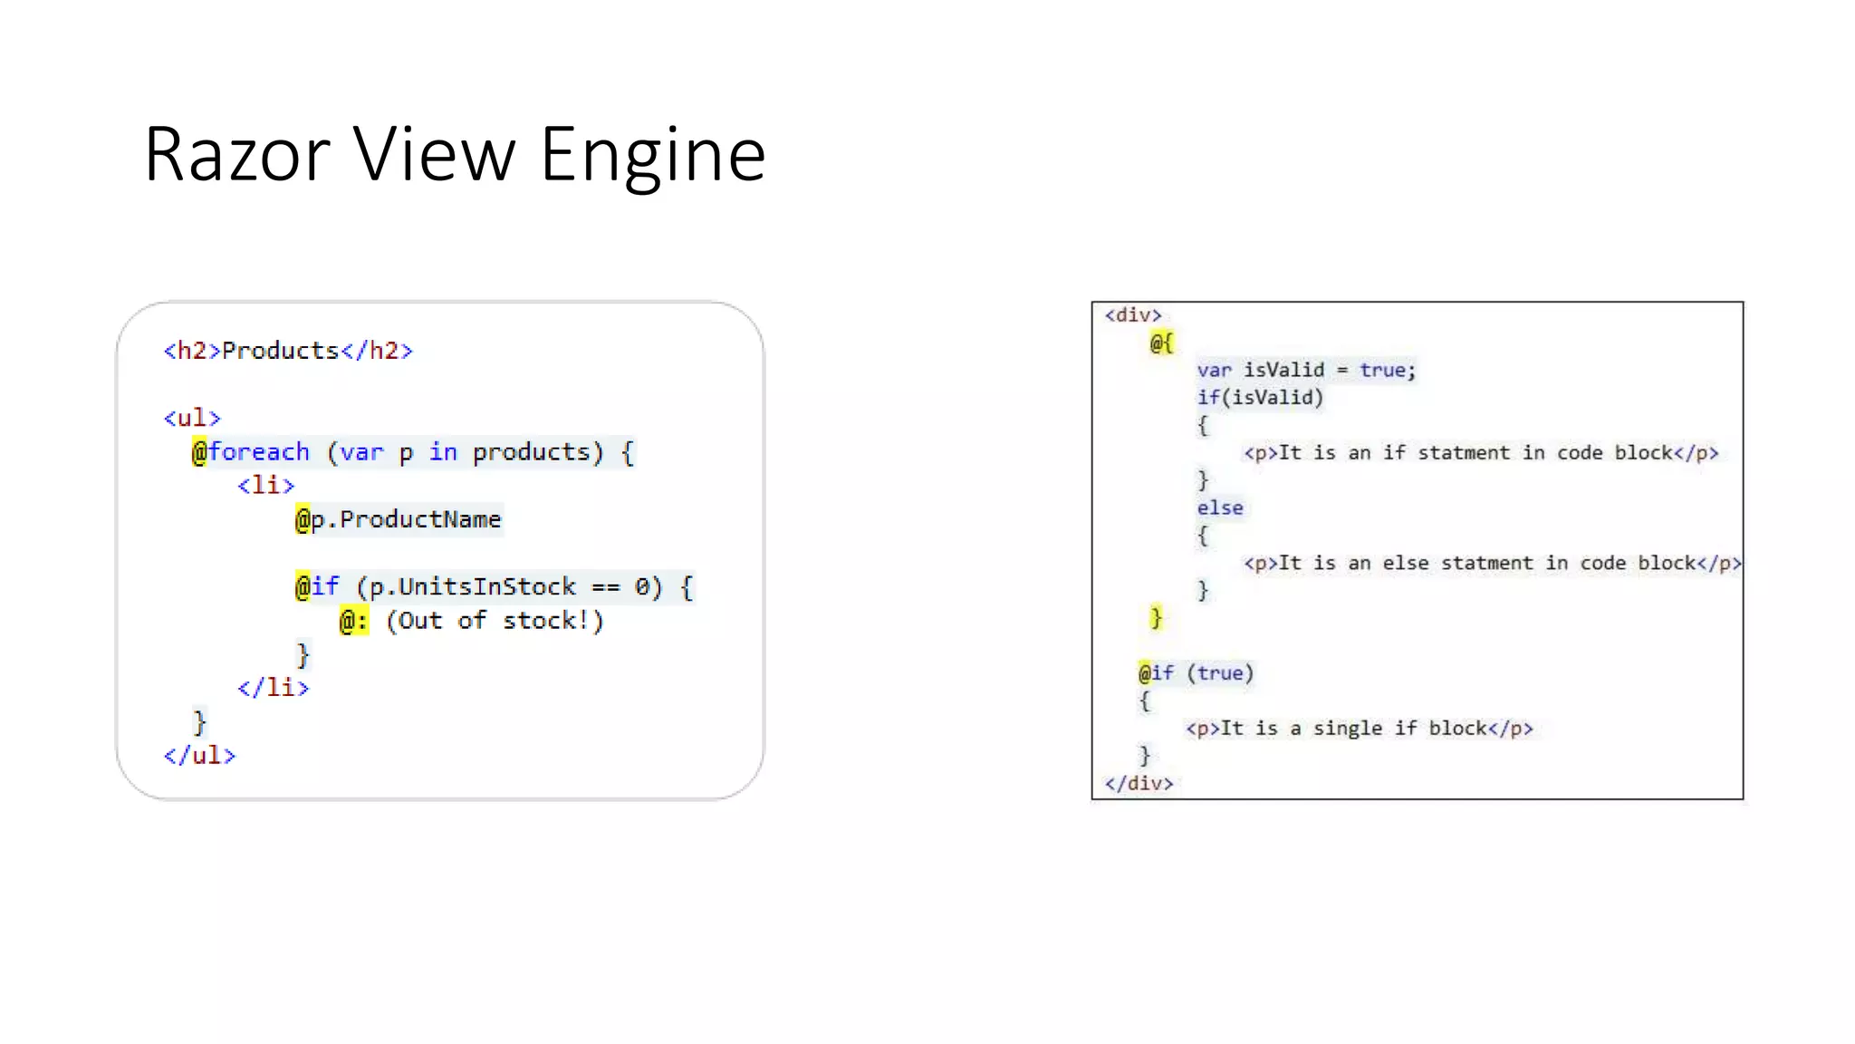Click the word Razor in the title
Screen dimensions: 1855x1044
pyautogui.click(x=236, y=155)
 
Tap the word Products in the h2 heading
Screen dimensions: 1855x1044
pyautogui.click(x=280, y=351)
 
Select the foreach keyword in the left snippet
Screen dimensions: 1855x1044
pyautogui.click(x=259, y=451)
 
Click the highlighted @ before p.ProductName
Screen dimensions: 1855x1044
pyautogui.click(x=303, y=519)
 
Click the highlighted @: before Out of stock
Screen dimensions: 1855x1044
pyautogui.click(x=354, y=621)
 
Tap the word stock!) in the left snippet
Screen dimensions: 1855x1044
pyautogui.click(x=553, y=621)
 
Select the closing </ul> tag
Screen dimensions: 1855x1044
pyautogui.click(x=199, y=755)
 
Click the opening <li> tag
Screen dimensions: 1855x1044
pyautogui.click(x=265, y=485)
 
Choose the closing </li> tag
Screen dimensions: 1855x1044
pyautogui.click(x=273, y=688)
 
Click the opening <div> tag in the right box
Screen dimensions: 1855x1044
pyautogui.click(x=1132, y=315)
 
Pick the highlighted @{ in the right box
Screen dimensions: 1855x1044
pyautogui.click(x=1161, y=343)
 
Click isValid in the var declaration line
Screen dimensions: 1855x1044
pyautogui.click(x=1283, y=370)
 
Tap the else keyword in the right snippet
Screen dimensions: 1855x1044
pyautogui.click(x=1220, y=507)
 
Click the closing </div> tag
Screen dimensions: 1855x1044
pyautogui.click(x=1139, y=783)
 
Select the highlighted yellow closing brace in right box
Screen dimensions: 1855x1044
pyautogui.click(x=1156, y=618)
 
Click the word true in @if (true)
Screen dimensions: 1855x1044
pyautogui.click(x=1220, y=672)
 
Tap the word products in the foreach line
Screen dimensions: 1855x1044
pyautogui.click(x=531, y=451)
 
